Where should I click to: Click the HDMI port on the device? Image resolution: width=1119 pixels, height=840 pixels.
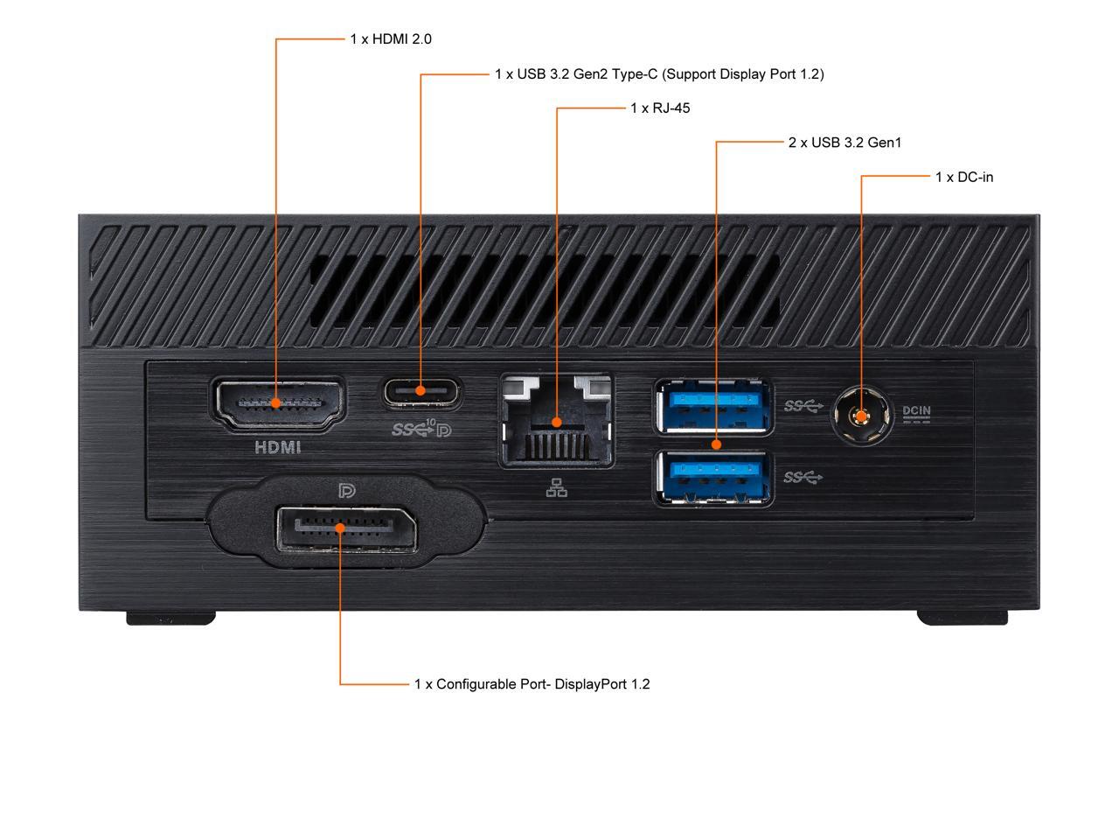click(277, 403)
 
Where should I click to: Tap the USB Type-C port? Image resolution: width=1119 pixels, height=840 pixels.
click(421, 391)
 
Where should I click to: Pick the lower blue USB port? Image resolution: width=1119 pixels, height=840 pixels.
click(713, 478)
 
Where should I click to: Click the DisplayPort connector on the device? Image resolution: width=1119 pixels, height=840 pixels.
click(345, 528)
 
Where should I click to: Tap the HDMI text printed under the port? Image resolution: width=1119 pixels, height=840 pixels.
click(277, 447)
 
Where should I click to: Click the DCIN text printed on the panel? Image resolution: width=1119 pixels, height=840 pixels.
click(916, 410)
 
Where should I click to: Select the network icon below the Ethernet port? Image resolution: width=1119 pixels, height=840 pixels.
click(556, 488)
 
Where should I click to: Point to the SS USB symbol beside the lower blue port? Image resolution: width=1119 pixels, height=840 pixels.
click(803, 477)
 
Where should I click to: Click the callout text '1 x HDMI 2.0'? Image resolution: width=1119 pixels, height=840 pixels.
click(391, 39)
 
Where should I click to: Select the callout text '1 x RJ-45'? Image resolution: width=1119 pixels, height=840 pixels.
click(660, 108)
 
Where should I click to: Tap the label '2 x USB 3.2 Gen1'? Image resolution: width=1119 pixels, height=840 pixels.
click(844, 143)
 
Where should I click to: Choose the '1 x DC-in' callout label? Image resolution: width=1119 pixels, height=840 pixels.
click(964, 178)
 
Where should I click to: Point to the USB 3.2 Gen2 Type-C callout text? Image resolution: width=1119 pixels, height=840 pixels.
click(659, 74)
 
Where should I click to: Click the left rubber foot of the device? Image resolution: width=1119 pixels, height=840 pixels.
click(171, 618)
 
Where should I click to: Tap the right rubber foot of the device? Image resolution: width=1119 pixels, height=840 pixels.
click(962, 618)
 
